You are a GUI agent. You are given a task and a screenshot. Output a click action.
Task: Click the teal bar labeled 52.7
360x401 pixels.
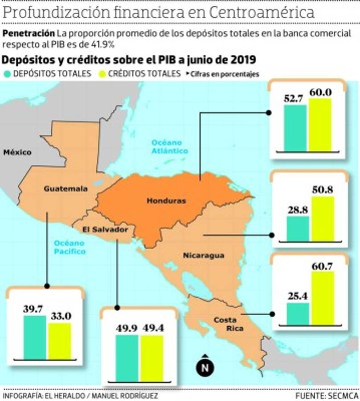point(295,128)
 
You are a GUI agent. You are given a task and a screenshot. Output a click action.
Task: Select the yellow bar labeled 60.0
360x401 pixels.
point(320,125)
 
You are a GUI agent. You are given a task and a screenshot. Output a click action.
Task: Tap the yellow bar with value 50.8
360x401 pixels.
point(323,218)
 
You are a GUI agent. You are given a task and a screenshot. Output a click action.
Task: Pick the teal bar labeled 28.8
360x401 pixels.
point(298,228)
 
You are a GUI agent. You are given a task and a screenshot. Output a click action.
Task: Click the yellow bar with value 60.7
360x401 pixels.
point(323,298)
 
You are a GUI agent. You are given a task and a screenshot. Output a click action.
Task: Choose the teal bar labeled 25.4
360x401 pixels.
point(298,313)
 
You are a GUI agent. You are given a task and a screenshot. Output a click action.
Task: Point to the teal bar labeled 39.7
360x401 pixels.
point(35,337)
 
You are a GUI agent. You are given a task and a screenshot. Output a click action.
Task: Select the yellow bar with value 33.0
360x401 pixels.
point(60,340)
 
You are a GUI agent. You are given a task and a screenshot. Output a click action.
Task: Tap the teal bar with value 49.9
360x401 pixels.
point(127,358)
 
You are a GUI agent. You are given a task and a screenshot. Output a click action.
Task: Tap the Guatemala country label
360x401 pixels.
point(65,189)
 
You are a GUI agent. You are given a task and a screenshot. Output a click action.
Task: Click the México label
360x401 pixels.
point(18,152)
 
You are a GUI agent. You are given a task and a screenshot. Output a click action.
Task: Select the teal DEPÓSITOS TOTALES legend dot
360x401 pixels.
point(7,74)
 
